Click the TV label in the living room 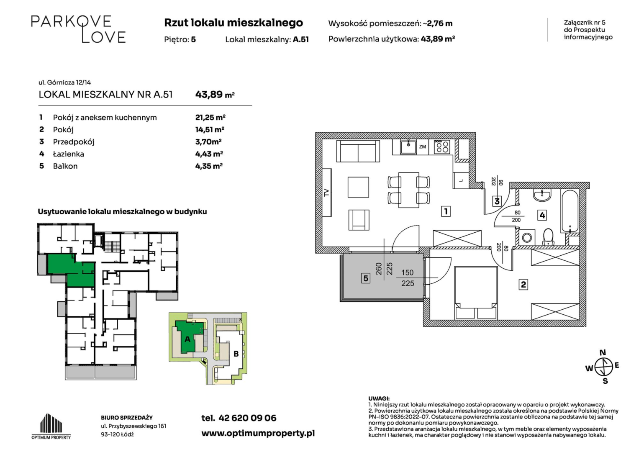(327, 193)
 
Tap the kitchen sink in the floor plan (409, 146)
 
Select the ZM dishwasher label (423, 146)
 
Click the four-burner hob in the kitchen (442, 146)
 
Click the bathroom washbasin (542, 195)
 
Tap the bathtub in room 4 (570, 211)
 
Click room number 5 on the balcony (366, 278)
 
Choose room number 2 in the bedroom (523, 285)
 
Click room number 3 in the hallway (497, 201)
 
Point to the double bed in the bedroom (476, 293)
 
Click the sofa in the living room (358, 152)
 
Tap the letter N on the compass (603, 352)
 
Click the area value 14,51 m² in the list (210, 130)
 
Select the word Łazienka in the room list (69, 154)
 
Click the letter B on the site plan (236, 354)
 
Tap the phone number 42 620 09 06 (247, 418)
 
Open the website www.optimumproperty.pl (258, 434)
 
